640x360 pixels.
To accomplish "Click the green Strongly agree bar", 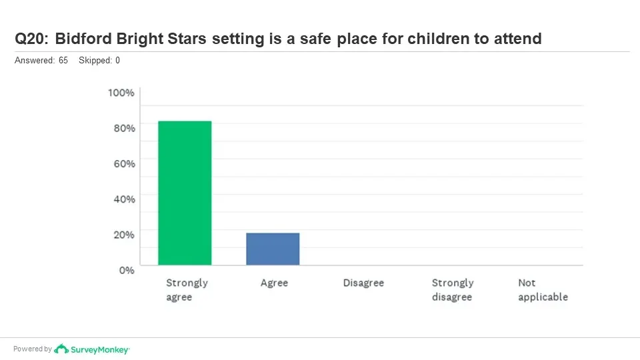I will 185,193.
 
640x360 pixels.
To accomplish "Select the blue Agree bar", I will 273,249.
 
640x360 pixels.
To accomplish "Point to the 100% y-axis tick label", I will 121,93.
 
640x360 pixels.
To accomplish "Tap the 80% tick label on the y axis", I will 123,128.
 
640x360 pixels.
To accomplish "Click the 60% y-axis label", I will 123,163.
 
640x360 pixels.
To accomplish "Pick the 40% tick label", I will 123,199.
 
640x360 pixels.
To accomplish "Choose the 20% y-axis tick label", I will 123,234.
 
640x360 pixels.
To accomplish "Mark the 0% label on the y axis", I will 126,270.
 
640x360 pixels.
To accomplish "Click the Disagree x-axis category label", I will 363,283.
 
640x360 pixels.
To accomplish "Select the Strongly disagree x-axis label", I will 452,290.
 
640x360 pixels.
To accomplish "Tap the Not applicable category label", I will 543,290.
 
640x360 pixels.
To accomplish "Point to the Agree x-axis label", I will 274,283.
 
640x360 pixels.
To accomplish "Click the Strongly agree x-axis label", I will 187,290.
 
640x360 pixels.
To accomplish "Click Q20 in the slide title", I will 30,39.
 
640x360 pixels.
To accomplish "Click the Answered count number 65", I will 63,61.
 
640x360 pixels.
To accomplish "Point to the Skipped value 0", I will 117,61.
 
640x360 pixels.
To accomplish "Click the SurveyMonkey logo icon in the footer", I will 61,349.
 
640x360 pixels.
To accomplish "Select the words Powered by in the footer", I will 32,349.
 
